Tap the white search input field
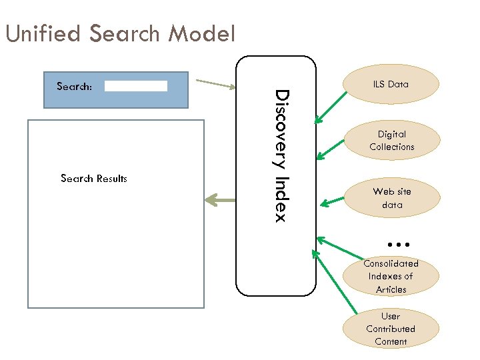click(136, 86)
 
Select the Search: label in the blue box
click(75, 86)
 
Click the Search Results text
click(93, 179)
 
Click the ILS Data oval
click(391, 84)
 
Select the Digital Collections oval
click(391, 141)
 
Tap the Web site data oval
click(391, 198)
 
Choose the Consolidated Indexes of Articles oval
click(391, 276)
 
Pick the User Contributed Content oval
click(391, 329)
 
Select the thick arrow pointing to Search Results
click(220, 199)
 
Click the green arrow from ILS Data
click(331, 108)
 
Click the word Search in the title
click(125, 33)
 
